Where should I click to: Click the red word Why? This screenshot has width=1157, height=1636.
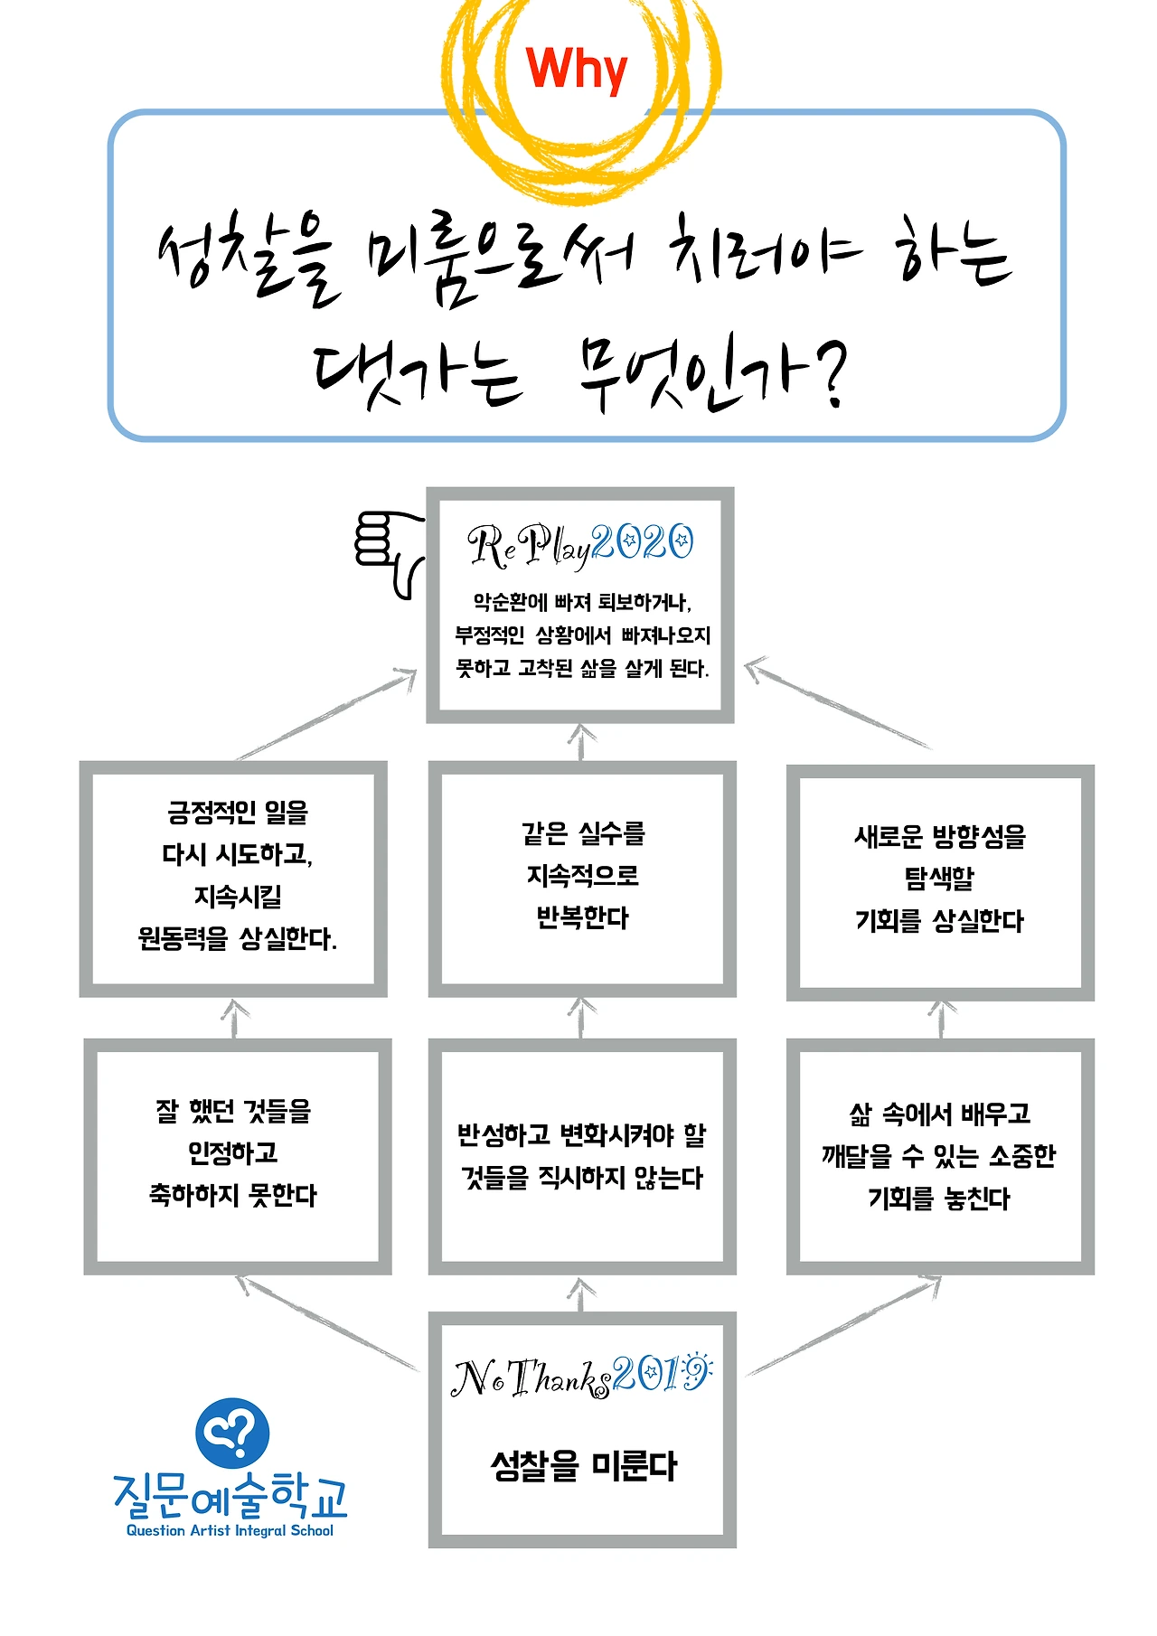(x=576, y=69)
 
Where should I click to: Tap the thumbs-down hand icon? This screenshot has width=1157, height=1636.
(x=388, y=550)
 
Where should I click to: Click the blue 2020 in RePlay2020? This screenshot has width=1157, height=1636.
(x=644, y=543)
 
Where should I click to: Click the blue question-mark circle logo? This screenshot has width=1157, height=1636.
(x=232, y=1433)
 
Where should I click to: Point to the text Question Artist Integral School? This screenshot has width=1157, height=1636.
(x=230, y=1530)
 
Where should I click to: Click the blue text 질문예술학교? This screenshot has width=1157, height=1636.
(x=230, y=1495)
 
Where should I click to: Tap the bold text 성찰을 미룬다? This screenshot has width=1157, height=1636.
(x=583, y=1465)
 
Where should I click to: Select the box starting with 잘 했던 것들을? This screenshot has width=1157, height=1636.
(x=237, y=1155)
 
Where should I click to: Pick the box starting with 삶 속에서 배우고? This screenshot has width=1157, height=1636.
(x=940, y=1156)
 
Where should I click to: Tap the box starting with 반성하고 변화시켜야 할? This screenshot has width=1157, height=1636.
(x=582, y=1156)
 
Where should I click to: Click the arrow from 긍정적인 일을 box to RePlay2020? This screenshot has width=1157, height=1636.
(x=325, y=714)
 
